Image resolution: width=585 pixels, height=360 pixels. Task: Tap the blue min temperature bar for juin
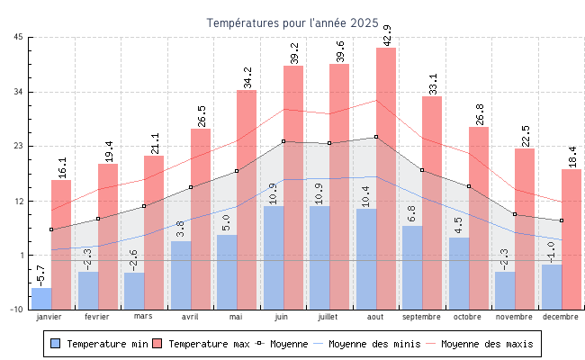[x=273, y=257]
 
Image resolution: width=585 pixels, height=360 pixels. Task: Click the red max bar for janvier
[x=61, y=244]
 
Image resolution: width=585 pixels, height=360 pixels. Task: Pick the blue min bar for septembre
[x=412, y=267]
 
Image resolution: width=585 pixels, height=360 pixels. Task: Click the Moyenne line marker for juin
[x=283, y=141]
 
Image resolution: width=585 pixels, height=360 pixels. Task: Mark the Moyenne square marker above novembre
[x=515, y=214]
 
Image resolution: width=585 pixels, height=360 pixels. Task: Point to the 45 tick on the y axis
[x=19, y=37]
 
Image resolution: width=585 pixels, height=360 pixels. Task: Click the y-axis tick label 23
[x=19, y=146]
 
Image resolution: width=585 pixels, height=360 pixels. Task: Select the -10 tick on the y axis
[x=17, y=310]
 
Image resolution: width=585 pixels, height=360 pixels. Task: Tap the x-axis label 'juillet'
[x=329, y=317]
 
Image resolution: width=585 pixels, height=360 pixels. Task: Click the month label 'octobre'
[x=468, y=317]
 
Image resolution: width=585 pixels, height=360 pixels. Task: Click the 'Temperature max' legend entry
[x=200, y=344]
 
